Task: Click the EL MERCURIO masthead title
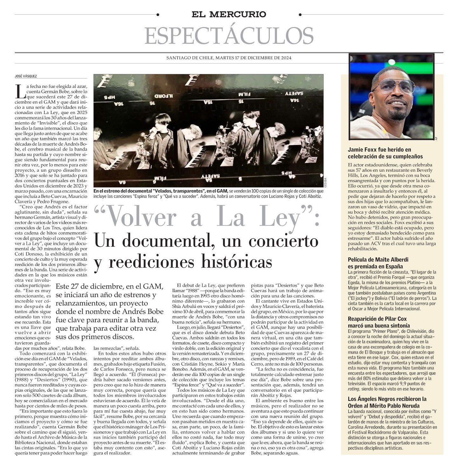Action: coord(229,14)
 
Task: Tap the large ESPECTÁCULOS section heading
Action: coord(229,36)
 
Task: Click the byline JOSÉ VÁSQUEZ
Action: coord(25,76)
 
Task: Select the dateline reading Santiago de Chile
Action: coord(229,58)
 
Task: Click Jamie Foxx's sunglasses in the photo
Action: coord(394,86)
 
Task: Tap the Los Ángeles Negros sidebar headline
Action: coord(387,402)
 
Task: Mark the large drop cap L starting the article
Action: coord(20,91)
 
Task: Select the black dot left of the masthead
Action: coord(158,15)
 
